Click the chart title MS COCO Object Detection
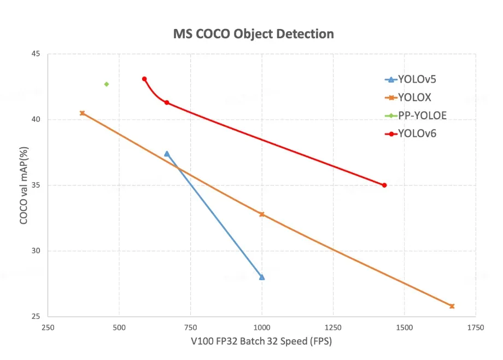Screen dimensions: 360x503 click(x=253, y=34)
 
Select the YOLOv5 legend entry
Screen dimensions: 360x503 click(x=410, y=79)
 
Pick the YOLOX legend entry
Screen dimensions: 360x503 click(x=408, y=97)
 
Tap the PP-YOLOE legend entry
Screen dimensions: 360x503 click(x=416, y=115)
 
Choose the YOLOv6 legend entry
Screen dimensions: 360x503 click(x=410, y=133)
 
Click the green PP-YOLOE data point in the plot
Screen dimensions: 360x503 click(x=107, y=84)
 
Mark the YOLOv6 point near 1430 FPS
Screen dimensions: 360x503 click(x=384, y=185)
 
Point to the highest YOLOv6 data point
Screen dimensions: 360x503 click(x=144, y=79)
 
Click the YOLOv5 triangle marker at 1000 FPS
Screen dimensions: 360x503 click(x=262, y=277)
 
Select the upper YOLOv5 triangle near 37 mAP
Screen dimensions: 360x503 click(x=167, y=154)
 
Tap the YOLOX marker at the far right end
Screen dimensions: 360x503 click(x=452, y=306)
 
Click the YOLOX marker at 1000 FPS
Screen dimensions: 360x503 click(x=262, y=214)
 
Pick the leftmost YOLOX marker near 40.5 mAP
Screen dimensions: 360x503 click(x=82, y=113)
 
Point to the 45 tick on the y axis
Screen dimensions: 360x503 click(x=38, y=54)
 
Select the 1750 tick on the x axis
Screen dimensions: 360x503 click(x=475, y=327)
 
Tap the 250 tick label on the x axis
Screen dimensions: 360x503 click(x=48, y=327)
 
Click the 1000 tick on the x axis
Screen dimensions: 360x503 click(x=262, y=327)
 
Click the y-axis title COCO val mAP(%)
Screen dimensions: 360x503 click(x=24, y=184)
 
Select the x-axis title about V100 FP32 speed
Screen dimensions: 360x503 click(x=261, y=342)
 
